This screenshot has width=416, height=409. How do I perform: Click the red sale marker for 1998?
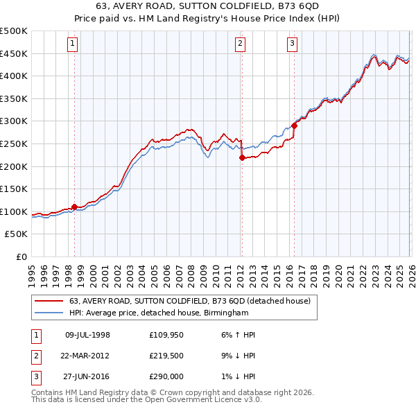(74, 207)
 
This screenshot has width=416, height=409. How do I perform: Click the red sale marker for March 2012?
(242, 157)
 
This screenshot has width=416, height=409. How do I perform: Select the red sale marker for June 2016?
(294, 125)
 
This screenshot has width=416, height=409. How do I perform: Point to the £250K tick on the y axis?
(14, 143)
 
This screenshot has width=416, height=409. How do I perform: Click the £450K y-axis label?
(14, 53)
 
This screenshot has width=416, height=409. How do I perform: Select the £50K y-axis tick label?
(17, 234)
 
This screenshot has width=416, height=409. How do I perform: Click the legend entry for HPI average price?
(159, 313)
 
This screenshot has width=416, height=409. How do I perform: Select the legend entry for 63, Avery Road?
(193, 301)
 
